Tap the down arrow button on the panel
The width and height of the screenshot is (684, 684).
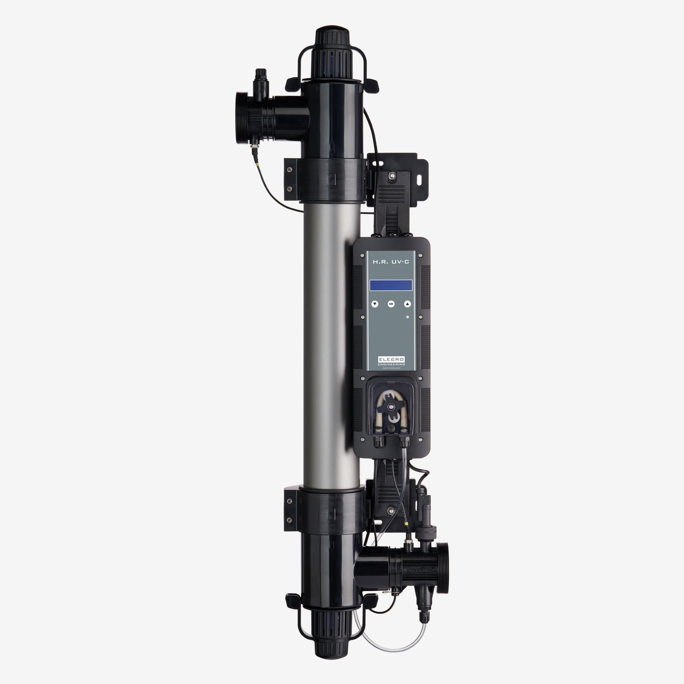375,304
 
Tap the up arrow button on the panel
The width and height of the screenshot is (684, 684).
407,304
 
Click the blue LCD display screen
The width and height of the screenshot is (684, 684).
391,286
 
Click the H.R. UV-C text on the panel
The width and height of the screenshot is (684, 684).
391,263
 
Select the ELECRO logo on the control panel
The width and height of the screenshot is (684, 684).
391,359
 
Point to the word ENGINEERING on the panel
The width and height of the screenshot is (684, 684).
391,364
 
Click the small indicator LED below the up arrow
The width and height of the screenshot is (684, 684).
407,317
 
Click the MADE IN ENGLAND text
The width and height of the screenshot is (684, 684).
391,368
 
